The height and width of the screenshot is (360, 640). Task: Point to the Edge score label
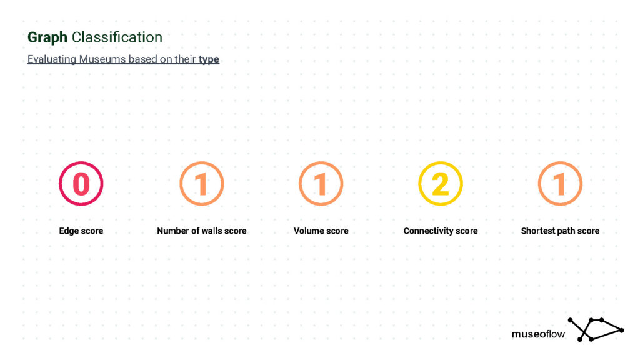[x=81, y=231]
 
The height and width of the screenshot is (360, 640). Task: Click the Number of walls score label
[x=202, y=231]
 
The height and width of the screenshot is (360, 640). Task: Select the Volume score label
[x=321, y=231]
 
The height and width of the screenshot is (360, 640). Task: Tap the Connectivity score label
[x=441, y=231]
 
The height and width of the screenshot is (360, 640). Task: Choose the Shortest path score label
[x=560, y=231]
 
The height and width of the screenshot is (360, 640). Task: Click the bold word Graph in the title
[x=47, y=38]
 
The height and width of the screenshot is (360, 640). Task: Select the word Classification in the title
[x=117, y=37]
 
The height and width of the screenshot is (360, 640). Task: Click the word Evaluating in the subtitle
[x=52, y=59]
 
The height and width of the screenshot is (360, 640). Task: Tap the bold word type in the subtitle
[x=209, y=59]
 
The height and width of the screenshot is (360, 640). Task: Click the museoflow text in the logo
[x=538, y=334]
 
